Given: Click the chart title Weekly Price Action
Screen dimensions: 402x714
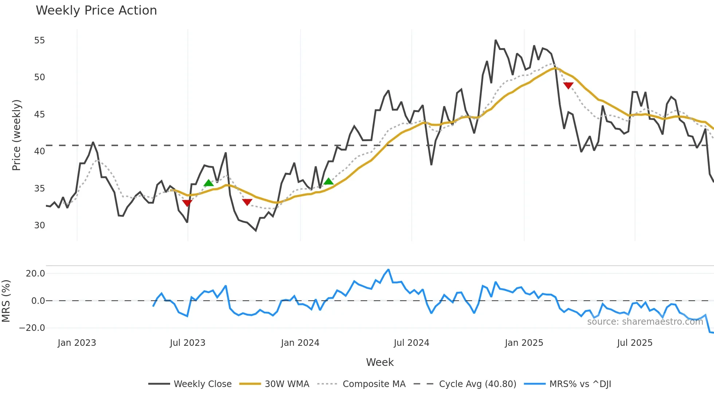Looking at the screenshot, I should tap(96, 11).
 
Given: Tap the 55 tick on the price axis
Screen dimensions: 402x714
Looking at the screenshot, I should tap(39, 40).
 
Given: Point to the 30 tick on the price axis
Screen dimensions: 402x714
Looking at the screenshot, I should tap(39, 225).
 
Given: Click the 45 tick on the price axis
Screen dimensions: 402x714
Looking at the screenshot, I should tap(39, 115).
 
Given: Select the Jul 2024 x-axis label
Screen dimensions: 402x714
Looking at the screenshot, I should tap(411, 343).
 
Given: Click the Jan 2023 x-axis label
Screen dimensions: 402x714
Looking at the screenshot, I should tap(77, 343).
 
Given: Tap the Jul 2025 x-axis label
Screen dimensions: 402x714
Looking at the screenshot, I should tap(635, 343).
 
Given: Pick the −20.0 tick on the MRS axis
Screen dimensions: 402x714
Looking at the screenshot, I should tap(32, 328).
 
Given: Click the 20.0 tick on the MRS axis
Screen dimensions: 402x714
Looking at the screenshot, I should tap(35, 274).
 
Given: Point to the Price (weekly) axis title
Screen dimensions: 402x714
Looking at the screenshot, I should tap(16, 135).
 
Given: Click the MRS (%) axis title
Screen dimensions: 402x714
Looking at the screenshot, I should tap(6, 301).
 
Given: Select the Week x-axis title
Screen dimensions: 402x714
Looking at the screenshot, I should tap(380, 362).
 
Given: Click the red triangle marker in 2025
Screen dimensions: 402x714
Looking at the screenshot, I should tap(568, 85).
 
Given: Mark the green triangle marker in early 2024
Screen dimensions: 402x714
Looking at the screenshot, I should tap(329, 181).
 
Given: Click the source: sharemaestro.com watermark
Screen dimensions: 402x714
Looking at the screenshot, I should tap(645, 322).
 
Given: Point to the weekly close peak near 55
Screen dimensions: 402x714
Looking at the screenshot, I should tap(496, 40).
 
